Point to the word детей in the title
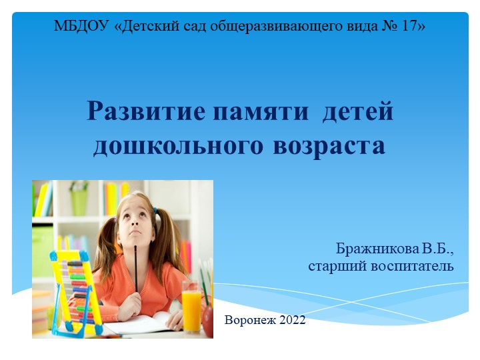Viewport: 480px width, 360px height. point(358,111)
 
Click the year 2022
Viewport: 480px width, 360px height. point(292,320)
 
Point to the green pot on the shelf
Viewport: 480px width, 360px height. point(79,201)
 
